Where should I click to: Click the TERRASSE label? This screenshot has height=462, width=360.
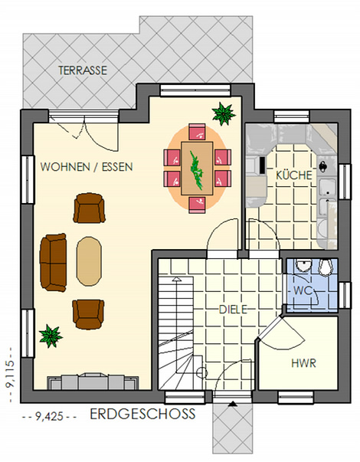coord(83,70)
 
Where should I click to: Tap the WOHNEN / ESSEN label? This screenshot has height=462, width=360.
coord(87,167)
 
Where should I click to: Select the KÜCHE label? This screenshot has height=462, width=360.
coord(293,175)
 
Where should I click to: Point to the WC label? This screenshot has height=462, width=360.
coord(303,290)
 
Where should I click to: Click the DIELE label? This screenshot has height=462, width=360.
coord(233,310)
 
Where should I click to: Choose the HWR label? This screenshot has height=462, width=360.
coord(304,363)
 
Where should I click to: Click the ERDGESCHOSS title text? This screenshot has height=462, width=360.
coord(142,414)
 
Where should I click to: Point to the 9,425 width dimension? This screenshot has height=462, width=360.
coord(49,416)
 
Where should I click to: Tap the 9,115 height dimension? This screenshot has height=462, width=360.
coord(9,375)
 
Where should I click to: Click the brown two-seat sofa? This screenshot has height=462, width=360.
coord(53,263)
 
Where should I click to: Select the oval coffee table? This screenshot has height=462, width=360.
coord(89,261)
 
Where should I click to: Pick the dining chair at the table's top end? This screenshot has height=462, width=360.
coord(197,132)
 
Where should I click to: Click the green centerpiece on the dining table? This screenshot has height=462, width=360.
coord(197,170)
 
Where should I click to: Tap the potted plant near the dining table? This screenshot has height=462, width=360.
coord(224,113)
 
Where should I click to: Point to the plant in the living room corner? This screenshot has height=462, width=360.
coord(51,336)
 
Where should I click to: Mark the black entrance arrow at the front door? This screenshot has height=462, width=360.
coord(233,404)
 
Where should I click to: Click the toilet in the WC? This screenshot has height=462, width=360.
coord(326,267)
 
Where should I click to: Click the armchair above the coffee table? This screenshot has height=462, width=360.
coord(89,208)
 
